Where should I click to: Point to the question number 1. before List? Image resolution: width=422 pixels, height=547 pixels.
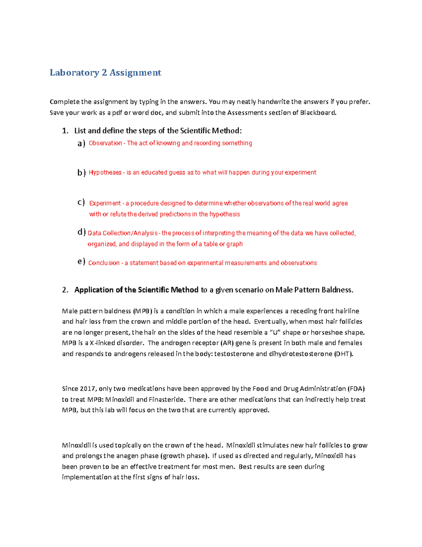(x=65, y=131)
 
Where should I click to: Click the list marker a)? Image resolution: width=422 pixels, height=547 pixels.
(x=81, y=143)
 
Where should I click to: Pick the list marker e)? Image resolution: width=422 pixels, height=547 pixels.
(x=81, y=262)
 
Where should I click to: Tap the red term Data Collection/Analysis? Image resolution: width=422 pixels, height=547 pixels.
(x=122, y=233)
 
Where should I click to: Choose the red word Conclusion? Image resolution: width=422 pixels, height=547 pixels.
(x=104, y=263)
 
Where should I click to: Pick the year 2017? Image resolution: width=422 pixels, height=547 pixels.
(x=88, y=389)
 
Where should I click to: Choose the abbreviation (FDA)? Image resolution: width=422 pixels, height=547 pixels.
(x=356, y=389)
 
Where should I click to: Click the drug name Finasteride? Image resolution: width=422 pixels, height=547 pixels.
(x=166, y=400)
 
